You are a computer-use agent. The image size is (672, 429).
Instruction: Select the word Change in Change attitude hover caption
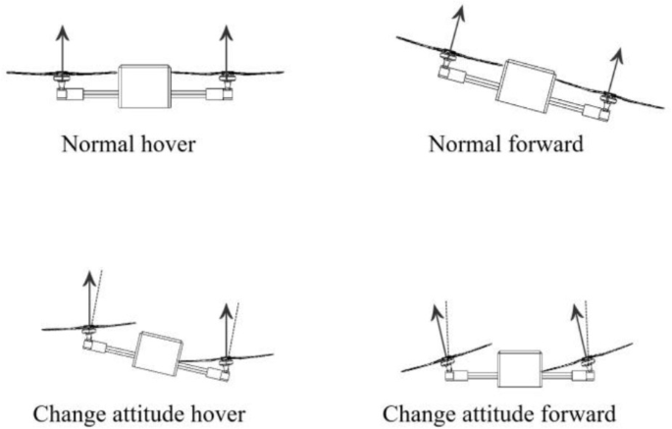tap(65, 411)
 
